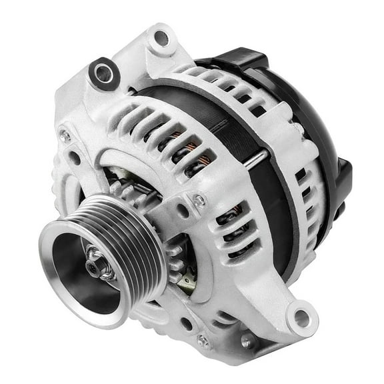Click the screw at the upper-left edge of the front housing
pyautogui.click(x=65, y=135)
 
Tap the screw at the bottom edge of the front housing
pyautogui.click(x=203, y=341)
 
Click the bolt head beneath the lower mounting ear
pyautogui.click(x=248, y=342)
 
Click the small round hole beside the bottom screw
pyautogui.click(x=187, y=327)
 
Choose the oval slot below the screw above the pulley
pyautogui.click(x=181, y=213)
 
